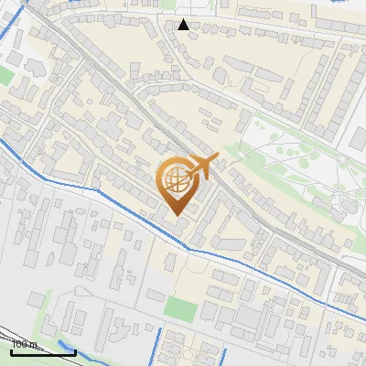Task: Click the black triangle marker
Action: (184, 25)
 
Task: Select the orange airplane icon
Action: (199, 167)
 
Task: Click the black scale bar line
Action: (42, 351)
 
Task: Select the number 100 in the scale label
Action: (19, 345)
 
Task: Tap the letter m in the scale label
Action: (32, 345)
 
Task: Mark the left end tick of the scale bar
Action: (11, 350)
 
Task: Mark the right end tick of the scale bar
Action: (74, 350)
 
